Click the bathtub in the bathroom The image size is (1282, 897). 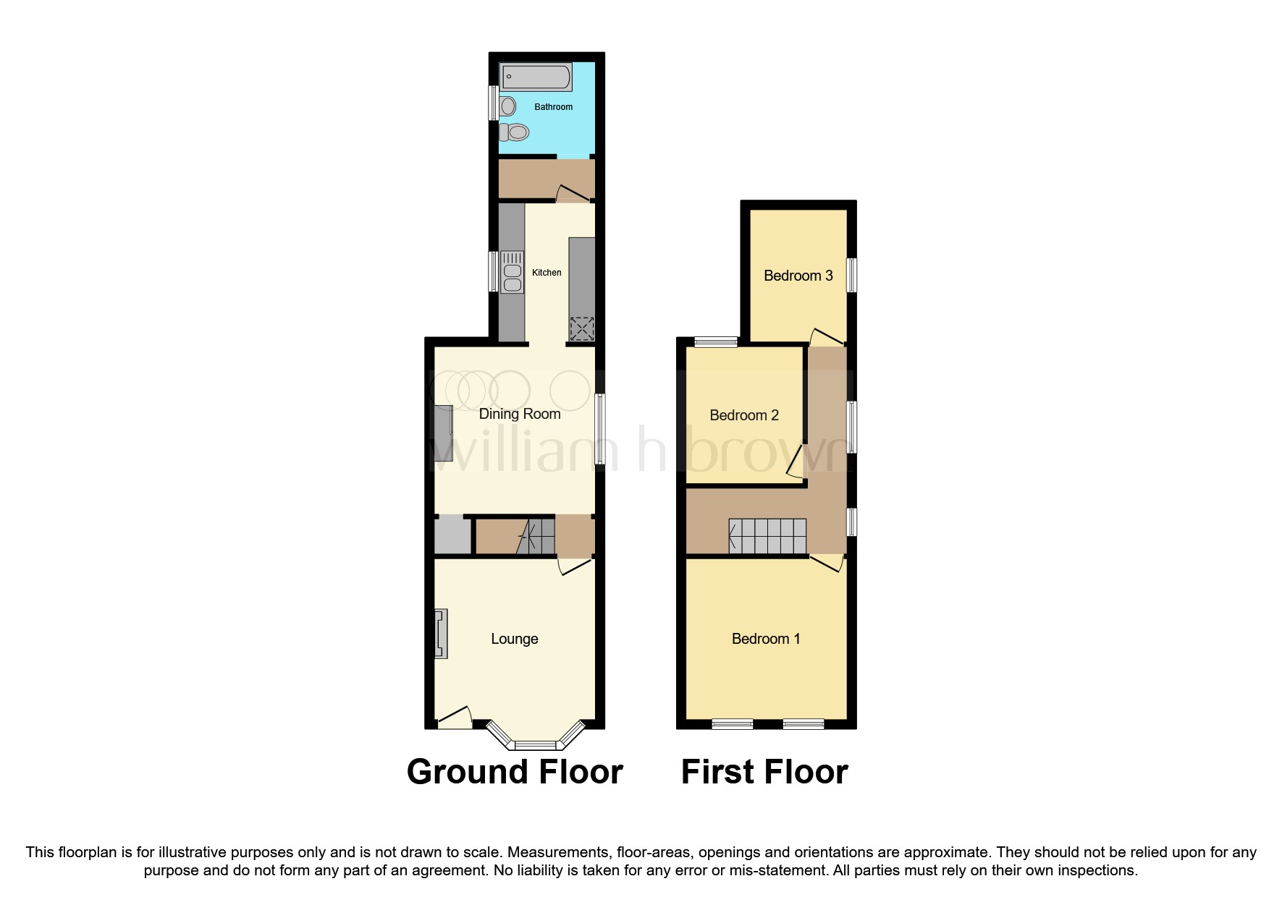point(536,76)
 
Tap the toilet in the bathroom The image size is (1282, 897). point(515,132)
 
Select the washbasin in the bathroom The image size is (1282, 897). point(508,106)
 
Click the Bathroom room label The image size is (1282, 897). point(553,107)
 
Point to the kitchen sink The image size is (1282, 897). point(512,272)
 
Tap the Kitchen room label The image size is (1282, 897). point(547,273)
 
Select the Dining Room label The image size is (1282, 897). point(520,414)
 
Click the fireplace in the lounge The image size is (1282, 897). point(440,634)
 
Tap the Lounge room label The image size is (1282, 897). point(514,639)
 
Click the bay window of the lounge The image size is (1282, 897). point(536,743)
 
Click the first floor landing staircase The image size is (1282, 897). point(767,536)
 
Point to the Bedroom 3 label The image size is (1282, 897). point(798,276)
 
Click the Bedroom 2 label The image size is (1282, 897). point(743,415)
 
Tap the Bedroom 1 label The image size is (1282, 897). point(765,639)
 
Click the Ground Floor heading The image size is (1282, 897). point(514,772)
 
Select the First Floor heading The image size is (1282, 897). point(764,772)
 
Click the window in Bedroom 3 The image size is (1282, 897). point(852,276)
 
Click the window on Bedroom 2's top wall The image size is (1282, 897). point(716,342)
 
